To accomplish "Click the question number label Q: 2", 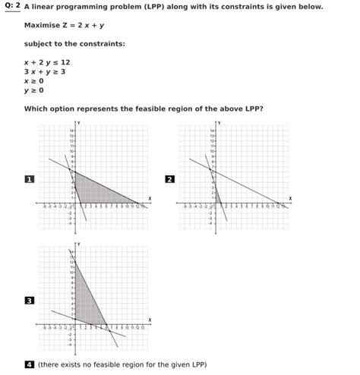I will [x=11, y=6].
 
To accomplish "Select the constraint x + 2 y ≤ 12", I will [x=47, y=62].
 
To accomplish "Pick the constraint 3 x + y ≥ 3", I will [x=45, y=71].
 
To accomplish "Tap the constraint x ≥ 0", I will [x=34, y=80].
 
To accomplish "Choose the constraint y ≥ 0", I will [x=34, y=90].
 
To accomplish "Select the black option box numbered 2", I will [x=169, y=179].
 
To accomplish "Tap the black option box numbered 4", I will [x=30, y=364].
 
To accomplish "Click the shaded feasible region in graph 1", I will [x=95, y=190].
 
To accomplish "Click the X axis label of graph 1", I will [x=150, y=199].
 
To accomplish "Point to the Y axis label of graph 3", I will [x=78, y=244].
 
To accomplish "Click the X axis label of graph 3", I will [x=150, y=320].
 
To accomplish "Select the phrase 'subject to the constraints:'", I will [x=74, y=43].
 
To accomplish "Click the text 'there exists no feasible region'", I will [x=91, y=364].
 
